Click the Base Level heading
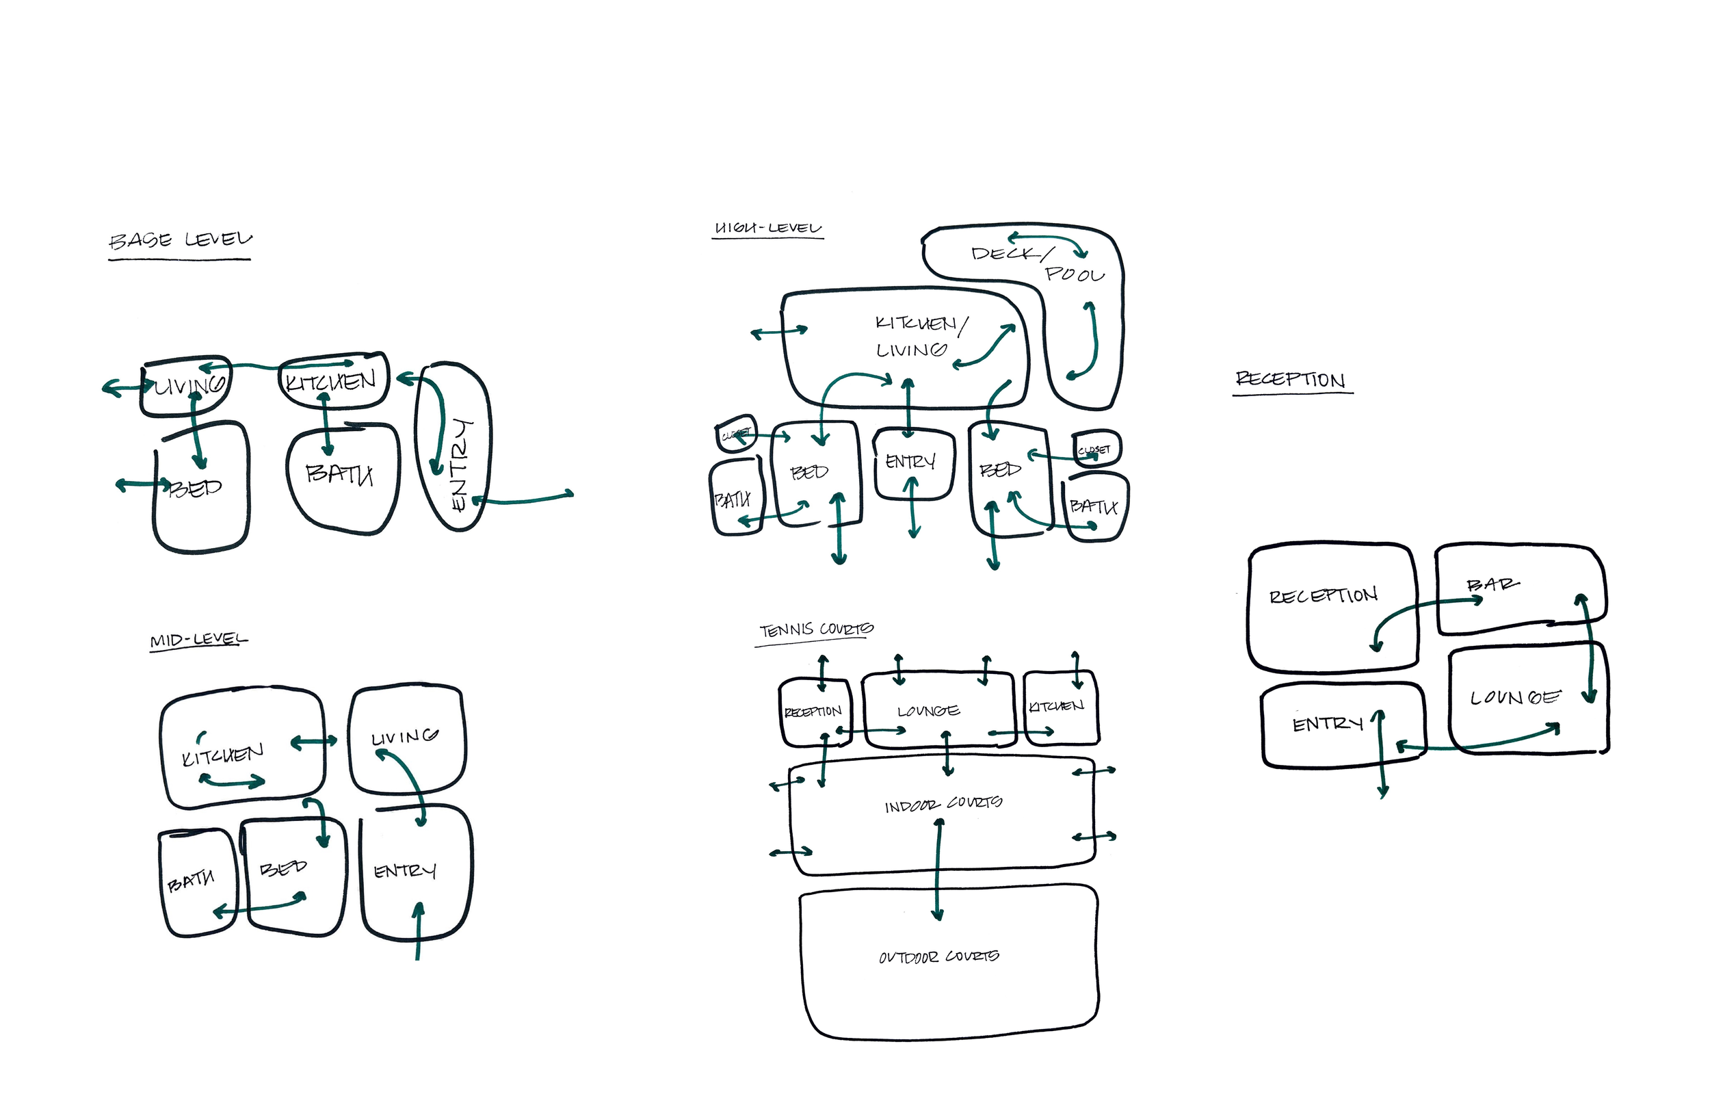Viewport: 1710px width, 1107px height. [181, 239]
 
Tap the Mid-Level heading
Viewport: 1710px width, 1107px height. [198, 639]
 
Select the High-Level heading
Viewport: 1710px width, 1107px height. [767, 228]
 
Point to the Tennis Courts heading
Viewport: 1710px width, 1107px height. [816, 629]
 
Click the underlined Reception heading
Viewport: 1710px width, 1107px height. [1291, 379]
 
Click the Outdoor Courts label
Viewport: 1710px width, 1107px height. [939, 956]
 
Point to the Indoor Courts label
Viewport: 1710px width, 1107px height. [943, 805]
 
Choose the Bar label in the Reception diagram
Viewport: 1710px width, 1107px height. [1492, 584]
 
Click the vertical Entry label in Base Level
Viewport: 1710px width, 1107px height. [460, 465]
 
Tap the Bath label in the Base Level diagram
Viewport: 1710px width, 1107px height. [339, 473]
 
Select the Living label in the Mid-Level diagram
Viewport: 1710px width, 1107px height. [404, 737]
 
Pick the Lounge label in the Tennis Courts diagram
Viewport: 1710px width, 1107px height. [928, 711]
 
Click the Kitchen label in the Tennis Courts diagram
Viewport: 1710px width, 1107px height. [1056, 707]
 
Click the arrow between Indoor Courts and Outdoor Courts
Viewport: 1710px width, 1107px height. [938, 870]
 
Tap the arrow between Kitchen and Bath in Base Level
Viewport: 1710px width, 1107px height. [327, 425]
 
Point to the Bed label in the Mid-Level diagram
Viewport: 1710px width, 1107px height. [283, 868]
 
